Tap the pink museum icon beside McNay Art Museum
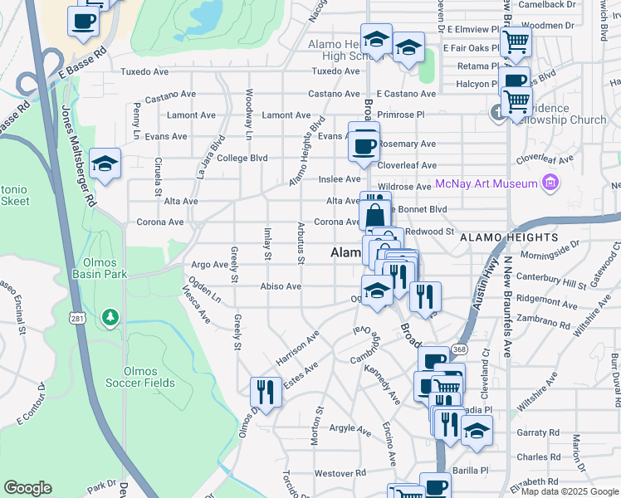pyautogui.click(x=548, y=183)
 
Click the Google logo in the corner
pyautogui.click(x=27, y=488)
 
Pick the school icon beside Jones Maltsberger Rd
pyautogui.click(x=105, y=164)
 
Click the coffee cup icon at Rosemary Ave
pyautogui.click(x=364, y=146)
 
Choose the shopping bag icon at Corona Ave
pyautogui.click(x=375, y=215)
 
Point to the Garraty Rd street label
pyautogui.click(x=538, y=432)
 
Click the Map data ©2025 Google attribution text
pyautogui.click(x=570, y=491)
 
